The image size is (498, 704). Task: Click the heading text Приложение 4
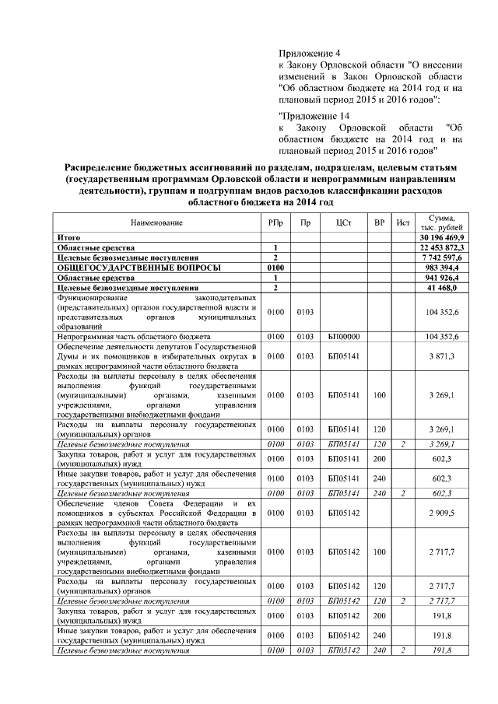tap(305, 53)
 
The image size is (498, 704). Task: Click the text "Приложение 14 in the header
tap(309, 115)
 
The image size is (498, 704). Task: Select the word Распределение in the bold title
tap(105, 167)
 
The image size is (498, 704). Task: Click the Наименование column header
tap(156, 222)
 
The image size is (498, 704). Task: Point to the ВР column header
tap(380, 222)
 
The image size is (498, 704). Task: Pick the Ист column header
tap(402, 222)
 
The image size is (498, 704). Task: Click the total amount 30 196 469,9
tap(441, 236)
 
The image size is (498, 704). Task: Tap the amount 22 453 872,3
tap(441, 247)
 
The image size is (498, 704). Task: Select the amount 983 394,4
tap(446, 267)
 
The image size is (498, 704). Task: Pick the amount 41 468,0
tap(449, 287)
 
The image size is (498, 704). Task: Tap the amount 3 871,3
tap(449, 356)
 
